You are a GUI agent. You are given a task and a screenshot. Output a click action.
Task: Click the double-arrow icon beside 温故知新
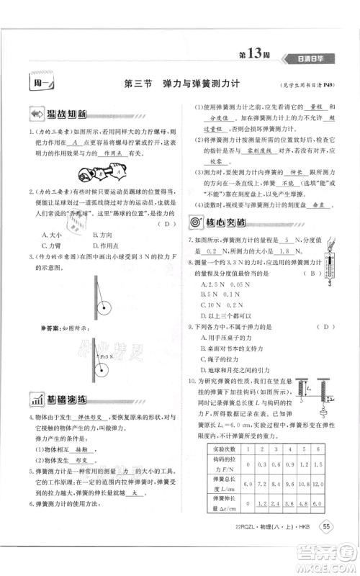tap(35, 114)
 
